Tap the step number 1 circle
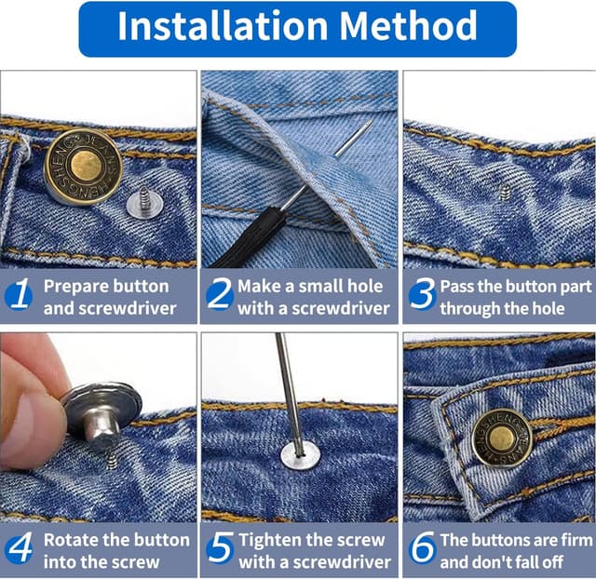click(x=19, y=296)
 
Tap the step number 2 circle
click(x=219, y=296)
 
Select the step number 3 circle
click(x=422, y=296)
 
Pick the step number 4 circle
click(x=19, y=550)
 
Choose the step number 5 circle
click(x=219, y=550)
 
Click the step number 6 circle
click(x=422, y=550)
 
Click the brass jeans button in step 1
click(x=83, y=168)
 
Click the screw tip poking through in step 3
click(x=505, y=192)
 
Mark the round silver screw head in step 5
click(x=300, y=455)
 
